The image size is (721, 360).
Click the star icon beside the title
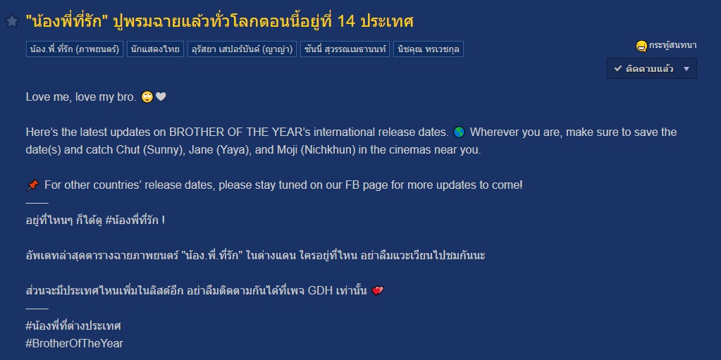11,20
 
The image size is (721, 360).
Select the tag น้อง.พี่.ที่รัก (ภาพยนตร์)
75,49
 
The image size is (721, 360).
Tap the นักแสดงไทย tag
156,49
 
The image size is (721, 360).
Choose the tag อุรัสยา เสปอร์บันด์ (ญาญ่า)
242,49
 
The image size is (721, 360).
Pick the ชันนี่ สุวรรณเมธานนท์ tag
345,49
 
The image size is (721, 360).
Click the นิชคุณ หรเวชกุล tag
428,49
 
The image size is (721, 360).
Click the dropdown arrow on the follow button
686,69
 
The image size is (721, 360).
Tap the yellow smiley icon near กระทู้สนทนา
641,46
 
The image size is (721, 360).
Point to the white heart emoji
161,97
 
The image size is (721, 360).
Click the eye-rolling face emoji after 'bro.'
147,97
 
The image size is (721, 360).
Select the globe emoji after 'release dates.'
459,132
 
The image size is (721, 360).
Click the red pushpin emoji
32,185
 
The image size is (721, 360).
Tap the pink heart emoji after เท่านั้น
378,291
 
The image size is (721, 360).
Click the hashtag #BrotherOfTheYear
75,344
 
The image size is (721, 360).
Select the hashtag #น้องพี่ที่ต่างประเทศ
73,326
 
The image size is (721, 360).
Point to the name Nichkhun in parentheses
328,150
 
